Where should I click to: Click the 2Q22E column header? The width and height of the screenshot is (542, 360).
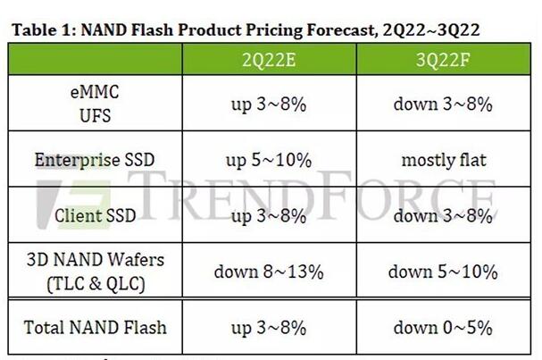[269, 60]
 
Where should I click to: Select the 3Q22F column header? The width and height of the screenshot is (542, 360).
[443, 60]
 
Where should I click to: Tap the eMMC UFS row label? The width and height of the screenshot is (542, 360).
[95, 104]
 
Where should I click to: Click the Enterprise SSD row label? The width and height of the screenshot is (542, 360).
[95, 160]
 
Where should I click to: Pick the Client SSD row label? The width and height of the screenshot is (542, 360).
[95, 216]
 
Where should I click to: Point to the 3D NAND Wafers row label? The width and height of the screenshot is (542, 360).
[96, 272]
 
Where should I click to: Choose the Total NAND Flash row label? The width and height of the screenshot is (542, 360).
[95, 328]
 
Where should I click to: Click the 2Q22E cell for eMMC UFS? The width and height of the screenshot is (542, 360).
[269, 105]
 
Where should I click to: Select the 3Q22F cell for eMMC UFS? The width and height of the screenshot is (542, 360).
[443, 105]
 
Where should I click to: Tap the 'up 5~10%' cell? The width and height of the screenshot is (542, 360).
[269, 161]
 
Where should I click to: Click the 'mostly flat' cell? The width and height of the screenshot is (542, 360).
[444, 160]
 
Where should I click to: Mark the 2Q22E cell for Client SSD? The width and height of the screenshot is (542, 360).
[269, 216]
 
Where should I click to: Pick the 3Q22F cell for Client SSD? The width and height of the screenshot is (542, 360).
[443, 216]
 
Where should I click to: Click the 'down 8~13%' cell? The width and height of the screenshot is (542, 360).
[269, 272]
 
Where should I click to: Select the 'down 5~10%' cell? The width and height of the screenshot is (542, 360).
[443, 272]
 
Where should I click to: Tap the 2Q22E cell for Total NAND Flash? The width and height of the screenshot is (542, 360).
[269, 328]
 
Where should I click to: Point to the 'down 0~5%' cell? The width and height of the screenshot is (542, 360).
[443, 328]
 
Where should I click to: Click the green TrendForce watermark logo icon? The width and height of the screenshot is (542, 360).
[73, 204]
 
